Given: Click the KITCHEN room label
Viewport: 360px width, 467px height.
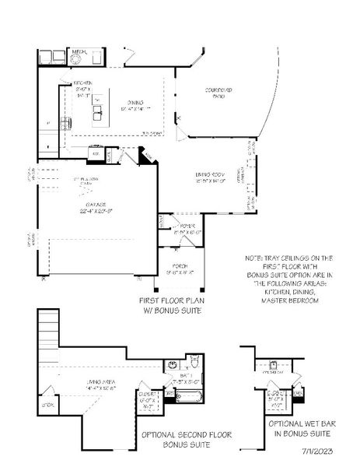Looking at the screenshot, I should [x=83, y=83].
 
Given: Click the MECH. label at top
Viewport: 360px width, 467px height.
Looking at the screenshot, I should [x=79, y=53].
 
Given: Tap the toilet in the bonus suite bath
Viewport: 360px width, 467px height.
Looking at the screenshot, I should [x=194, y=363].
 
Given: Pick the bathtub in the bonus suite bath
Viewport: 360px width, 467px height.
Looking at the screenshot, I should [x=187, y=397].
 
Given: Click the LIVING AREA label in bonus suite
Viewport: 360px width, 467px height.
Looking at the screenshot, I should [x=100, y=381].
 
